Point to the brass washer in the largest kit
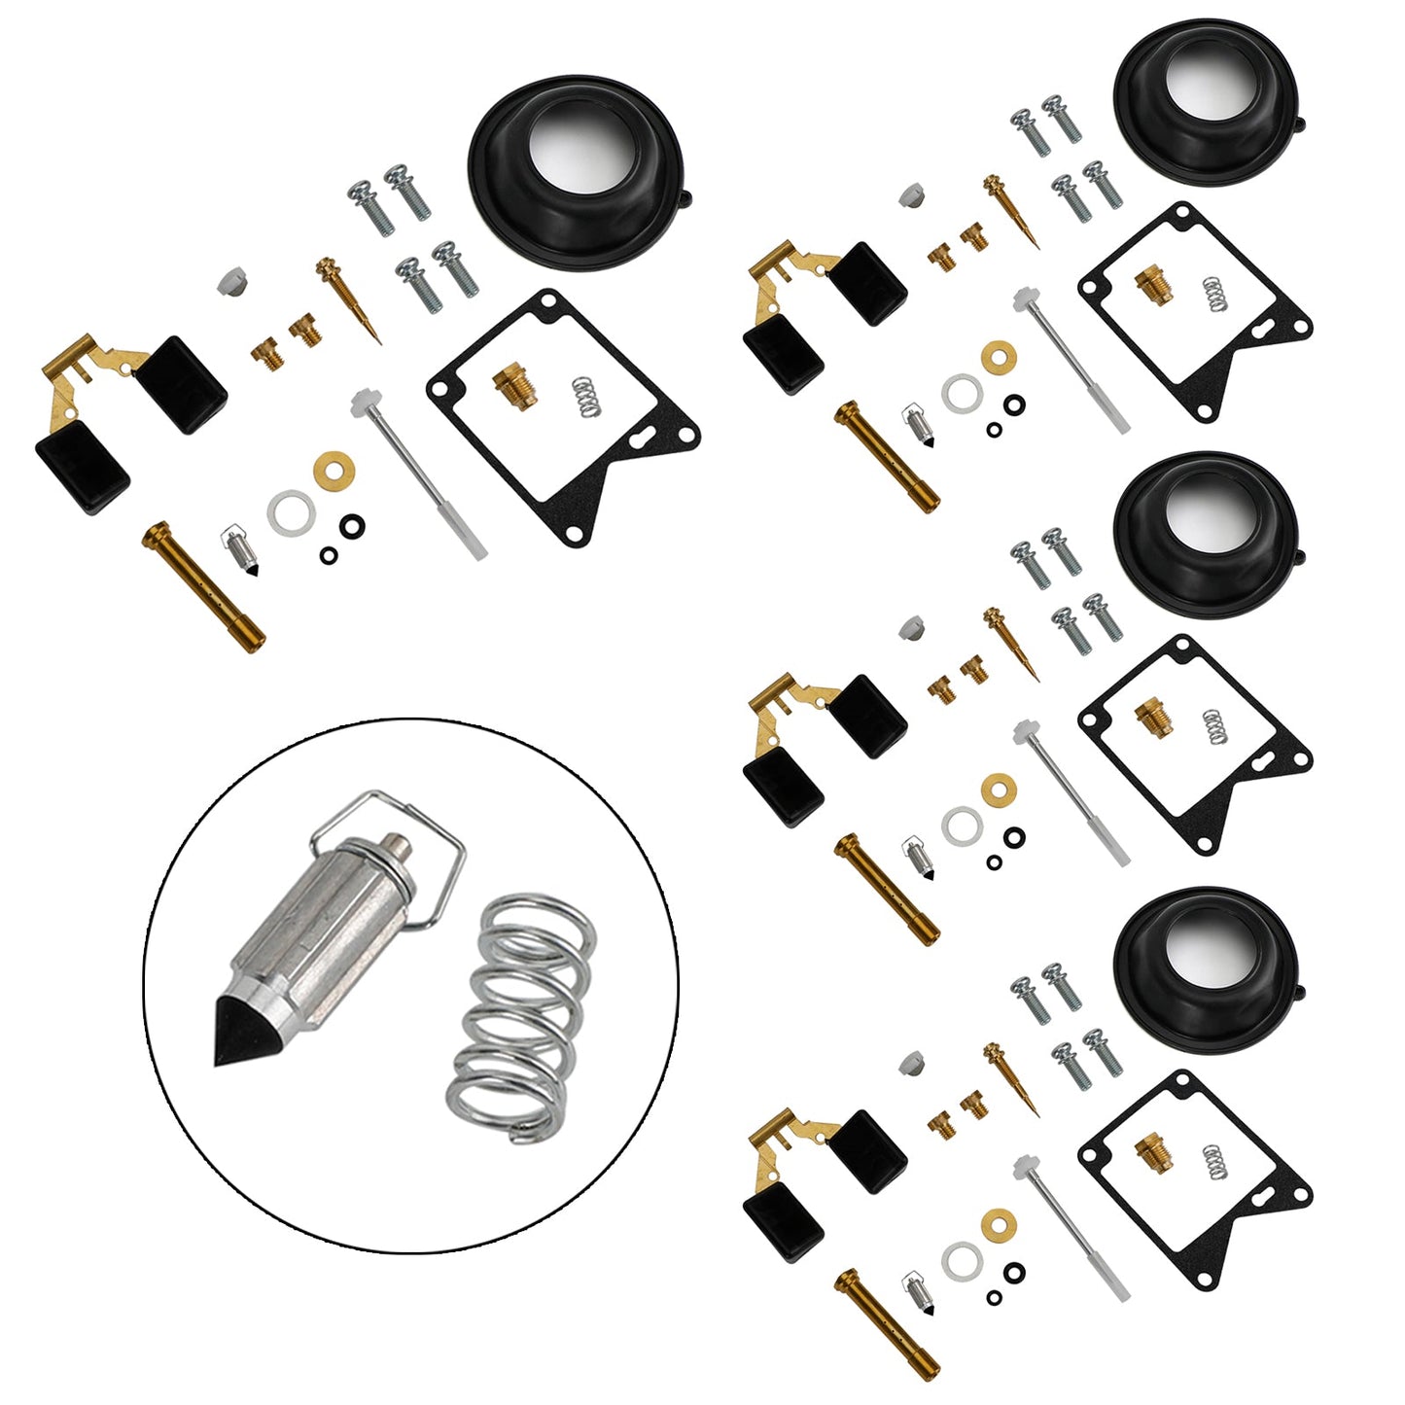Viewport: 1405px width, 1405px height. pyautogui.click(x=334, y=471)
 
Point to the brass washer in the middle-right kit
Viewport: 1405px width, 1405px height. pyautogui.click(x=997, y=788)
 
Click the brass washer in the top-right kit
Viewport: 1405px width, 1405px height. pyautogui.click(x=997, y=355)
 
